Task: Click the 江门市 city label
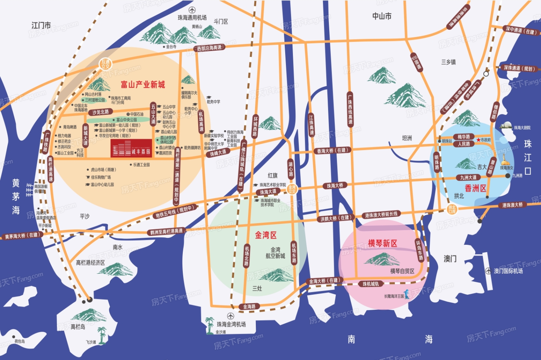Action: [41, 26]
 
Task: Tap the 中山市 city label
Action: [381, 16]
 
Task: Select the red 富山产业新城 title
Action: [143, 85]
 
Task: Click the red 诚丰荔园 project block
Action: [131, 148]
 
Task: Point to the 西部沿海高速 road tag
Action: [209, 48]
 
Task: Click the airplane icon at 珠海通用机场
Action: [192, 10]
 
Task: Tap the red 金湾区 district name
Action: [265, 235]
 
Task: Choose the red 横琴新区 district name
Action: [382, 243]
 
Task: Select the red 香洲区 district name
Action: [475, 189]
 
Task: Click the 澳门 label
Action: [450, 259]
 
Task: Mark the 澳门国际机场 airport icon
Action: [488, 271]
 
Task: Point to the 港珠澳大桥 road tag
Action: [512, 205]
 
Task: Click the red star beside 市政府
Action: [478, 140]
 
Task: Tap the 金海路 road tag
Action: [249, 307]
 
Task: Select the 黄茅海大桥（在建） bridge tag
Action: [22, 235]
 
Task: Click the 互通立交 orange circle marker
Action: [105, 64]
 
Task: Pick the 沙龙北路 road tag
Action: [100, 112]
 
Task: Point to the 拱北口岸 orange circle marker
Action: [452, 210]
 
